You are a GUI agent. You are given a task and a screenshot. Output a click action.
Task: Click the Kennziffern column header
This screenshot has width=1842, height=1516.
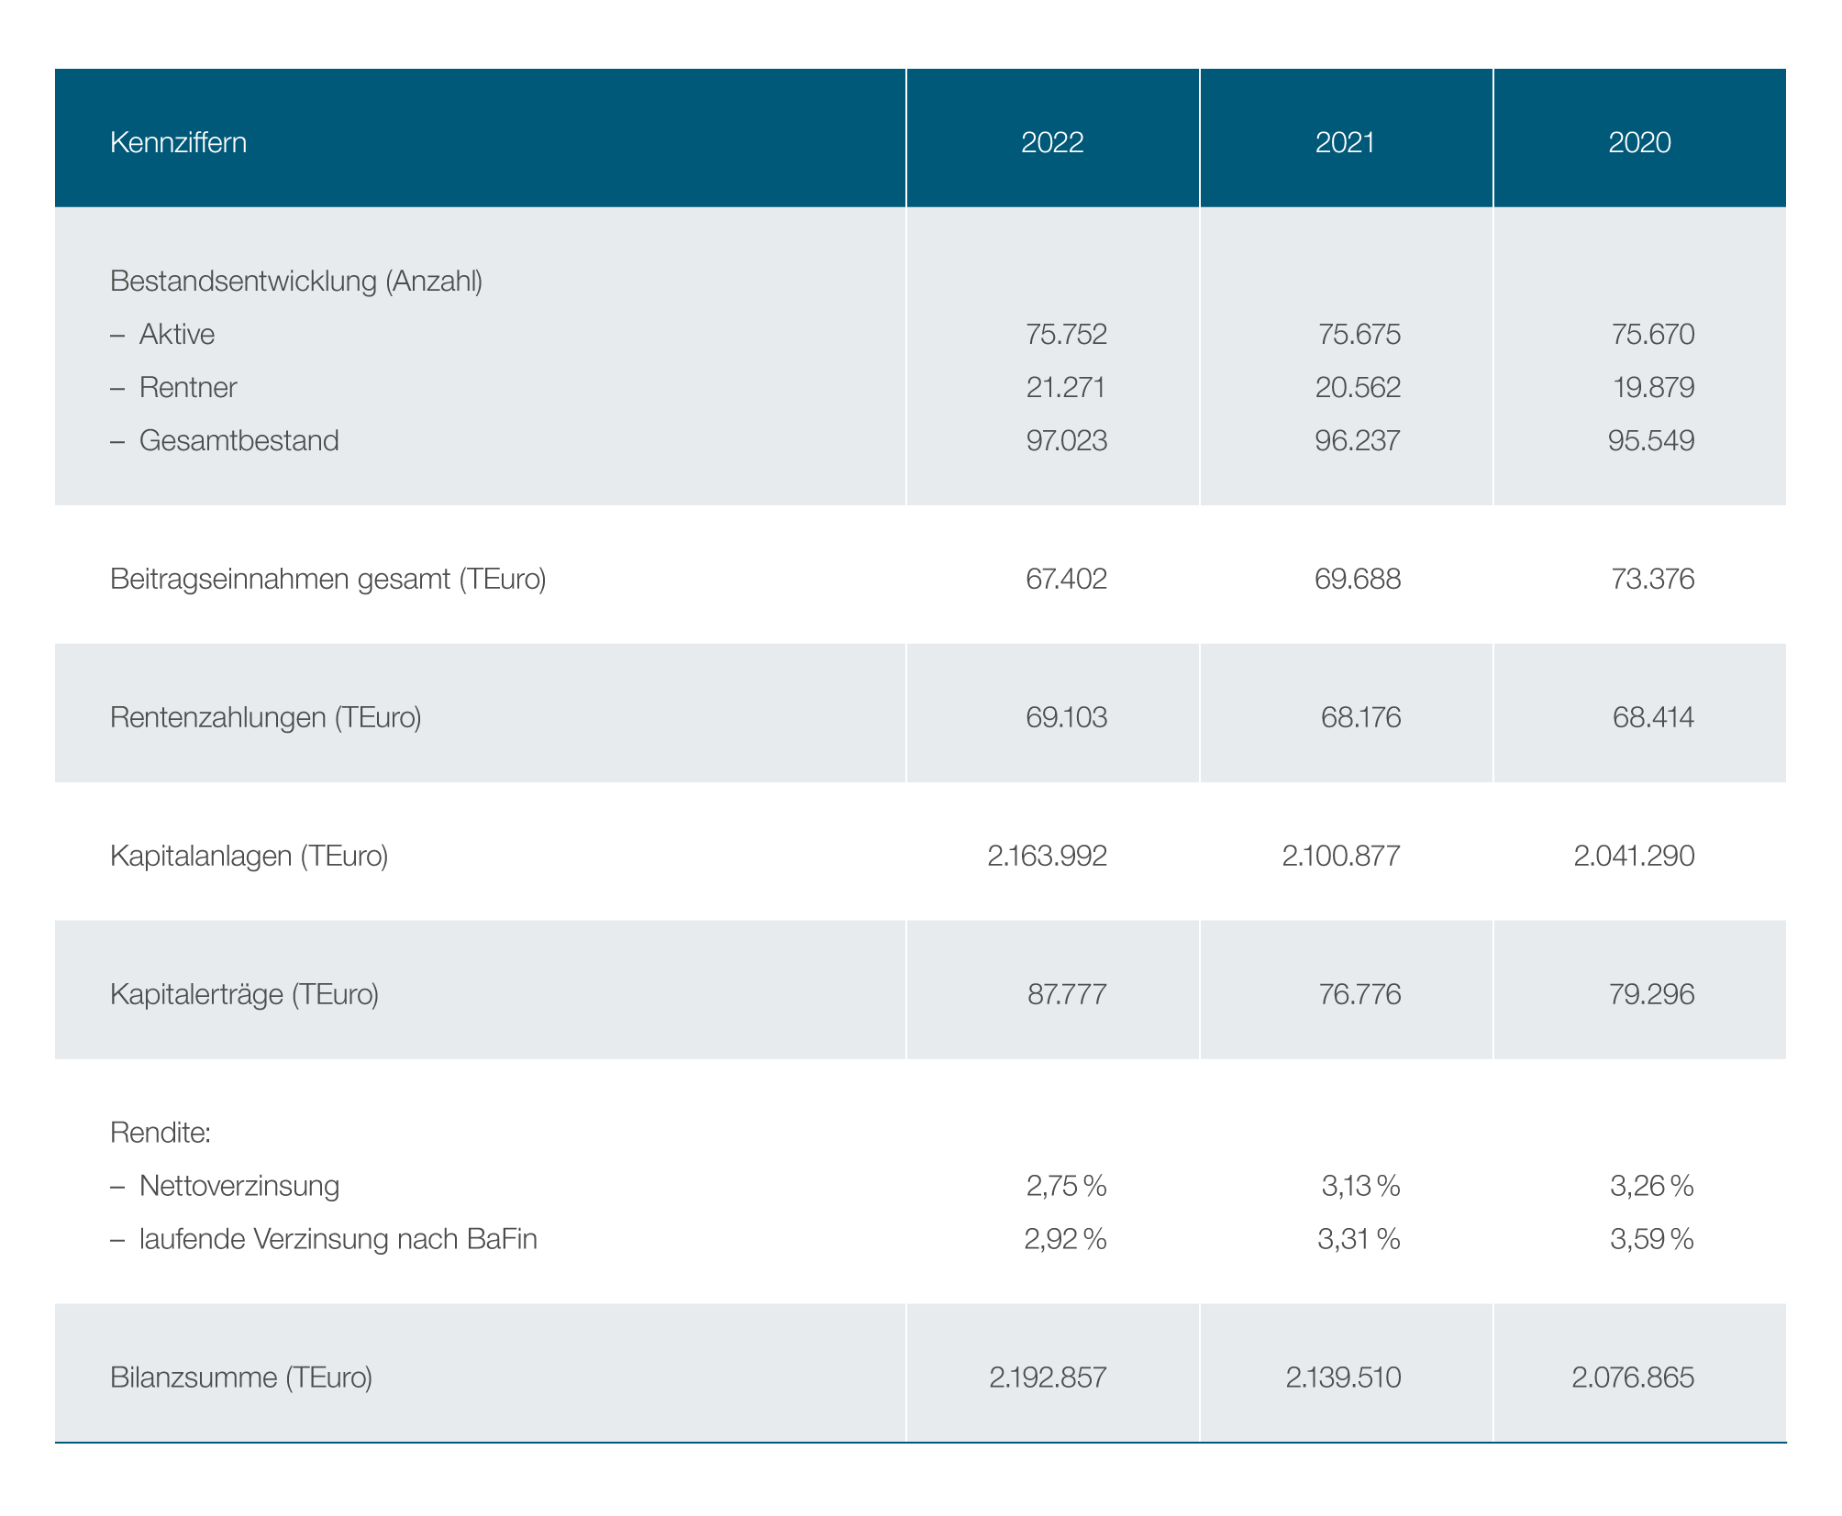tap(178, 143)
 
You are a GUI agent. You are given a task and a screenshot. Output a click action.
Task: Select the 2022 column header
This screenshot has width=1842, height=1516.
tap(1052, 143)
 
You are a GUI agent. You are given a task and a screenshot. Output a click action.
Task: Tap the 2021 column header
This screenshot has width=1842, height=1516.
tap(1345, 143)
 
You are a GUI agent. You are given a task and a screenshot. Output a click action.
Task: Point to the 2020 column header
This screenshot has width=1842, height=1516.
tap(1639, 143)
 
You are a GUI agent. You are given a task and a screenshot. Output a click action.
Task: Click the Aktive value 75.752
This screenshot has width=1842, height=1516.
tap(1066, 334)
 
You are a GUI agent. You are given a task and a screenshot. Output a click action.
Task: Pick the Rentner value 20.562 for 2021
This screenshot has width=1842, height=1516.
tap(1359, 387)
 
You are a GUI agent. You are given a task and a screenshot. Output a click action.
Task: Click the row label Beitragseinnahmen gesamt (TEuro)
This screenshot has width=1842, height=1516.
tap(327, 580)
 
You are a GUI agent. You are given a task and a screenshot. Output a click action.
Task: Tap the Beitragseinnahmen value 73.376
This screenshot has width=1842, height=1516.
tap(1653, 579)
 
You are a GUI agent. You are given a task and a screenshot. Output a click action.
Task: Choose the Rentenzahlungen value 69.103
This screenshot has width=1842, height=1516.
tap(1066, 717)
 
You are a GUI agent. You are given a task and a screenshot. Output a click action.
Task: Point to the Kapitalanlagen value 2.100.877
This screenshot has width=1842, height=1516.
tap(1341, 856)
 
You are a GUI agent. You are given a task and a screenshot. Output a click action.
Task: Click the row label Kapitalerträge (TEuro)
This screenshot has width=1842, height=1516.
tap(244, 994)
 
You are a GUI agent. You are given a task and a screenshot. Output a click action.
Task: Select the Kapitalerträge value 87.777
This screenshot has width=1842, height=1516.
tap(1067, 994)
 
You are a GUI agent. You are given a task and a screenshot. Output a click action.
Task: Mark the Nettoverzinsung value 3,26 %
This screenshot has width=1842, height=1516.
tap(1652, 1187)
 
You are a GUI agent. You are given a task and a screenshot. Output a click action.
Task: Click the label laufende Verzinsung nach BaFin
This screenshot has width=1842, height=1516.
tap(338, 1240)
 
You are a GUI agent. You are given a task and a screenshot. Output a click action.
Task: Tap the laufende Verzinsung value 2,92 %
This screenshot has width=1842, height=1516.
tap(1066, 1240)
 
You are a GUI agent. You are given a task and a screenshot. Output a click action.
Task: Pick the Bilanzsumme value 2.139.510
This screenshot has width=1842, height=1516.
tap(1343, 1378)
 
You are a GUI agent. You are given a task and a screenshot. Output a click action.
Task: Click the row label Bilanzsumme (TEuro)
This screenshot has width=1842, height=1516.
tap(241, 1378)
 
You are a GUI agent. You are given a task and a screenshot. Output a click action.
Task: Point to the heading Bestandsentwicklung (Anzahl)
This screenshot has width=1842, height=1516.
tap(296, 282)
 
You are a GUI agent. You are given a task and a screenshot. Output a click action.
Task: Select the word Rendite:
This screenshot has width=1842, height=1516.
tap(161, 1134)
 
